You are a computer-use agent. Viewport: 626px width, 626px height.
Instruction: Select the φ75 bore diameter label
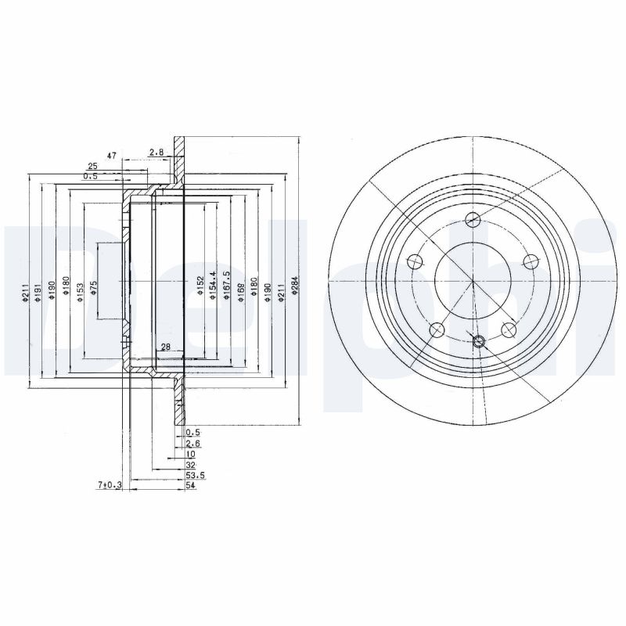[x=93, y=287]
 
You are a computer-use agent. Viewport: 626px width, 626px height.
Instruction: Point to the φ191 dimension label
[x=37, y=291]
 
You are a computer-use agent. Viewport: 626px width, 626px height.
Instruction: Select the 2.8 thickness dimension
[x=155, y=153]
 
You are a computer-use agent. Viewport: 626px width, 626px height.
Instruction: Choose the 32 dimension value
[x=189, y=465]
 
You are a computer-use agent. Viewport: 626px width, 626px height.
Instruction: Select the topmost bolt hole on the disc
[x=472, y=219]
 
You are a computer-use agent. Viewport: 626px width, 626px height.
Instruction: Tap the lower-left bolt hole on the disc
[x=437, y=329]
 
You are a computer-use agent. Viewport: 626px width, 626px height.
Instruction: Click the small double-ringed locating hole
[x=480, y=340]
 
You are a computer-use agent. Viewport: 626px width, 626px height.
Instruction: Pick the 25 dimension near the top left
[x=92, y=167]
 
